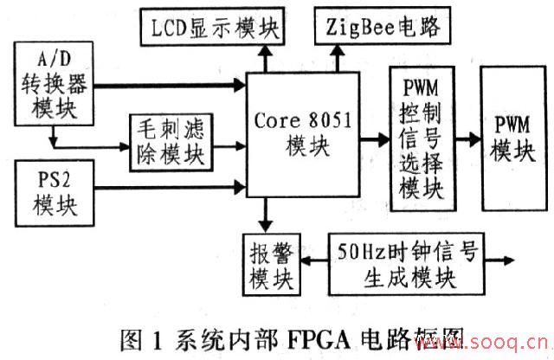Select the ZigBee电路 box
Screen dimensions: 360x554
383,29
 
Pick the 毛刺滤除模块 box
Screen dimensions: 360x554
178,138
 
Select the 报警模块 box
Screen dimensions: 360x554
271,262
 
